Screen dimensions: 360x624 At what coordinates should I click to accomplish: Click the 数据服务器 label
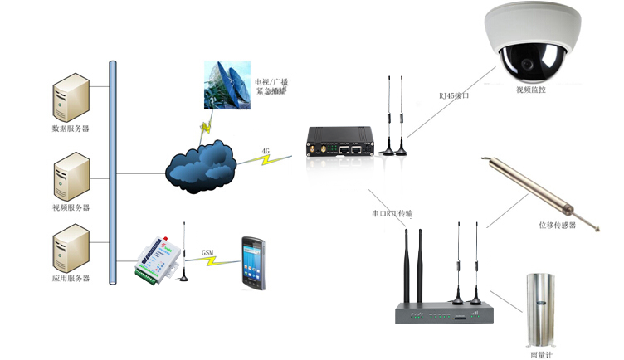[x=71, y=129]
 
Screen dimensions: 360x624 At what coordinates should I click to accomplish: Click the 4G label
[x=266, y=152]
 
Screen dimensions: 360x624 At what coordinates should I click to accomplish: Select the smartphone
[x=252, y=260]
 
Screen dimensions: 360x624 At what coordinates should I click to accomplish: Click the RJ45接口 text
[x=455, y=96]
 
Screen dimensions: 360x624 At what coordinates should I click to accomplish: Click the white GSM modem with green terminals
[x=157, y=261]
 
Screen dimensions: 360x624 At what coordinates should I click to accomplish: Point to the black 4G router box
[x=341, y=142]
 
